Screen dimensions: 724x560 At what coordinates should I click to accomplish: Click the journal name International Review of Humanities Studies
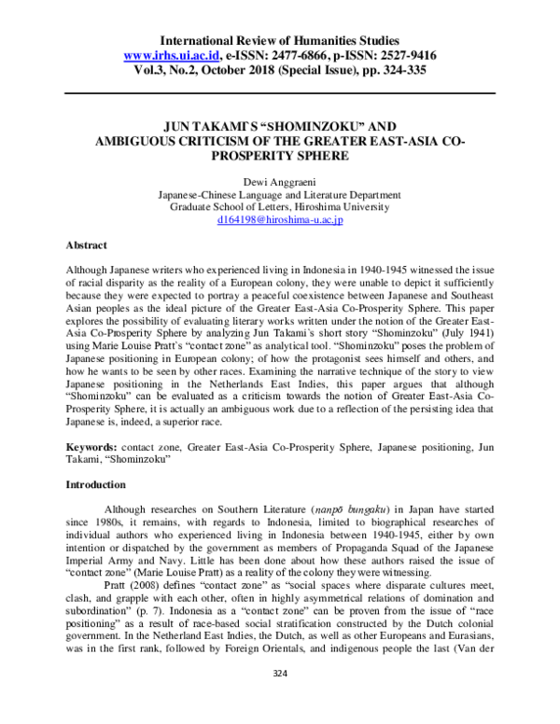click(x=280, y=41)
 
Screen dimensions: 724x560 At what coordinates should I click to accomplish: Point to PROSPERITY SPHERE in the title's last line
click(x=280, y=155)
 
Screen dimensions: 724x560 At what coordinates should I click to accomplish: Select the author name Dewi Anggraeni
click(x=280, y=182)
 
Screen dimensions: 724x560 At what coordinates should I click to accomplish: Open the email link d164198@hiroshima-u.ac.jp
click(x=280, y=221)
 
